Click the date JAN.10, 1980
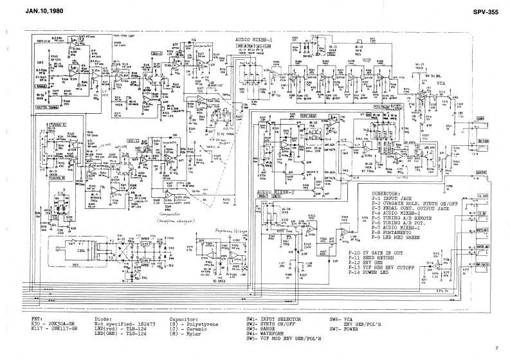point(28,12)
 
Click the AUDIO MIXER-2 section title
point(277,192)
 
